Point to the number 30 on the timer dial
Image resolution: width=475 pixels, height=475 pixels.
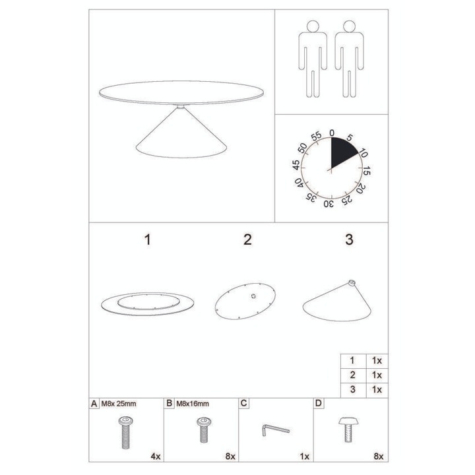click(327, 202)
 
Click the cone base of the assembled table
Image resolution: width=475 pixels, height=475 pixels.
click(179, 139)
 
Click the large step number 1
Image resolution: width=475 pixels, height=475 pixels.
click(148, 239)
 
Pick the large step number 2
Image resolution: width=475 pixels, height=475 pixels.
click(247, 239)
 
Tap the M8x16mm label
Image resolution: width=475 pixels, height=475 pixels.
click(192, 403)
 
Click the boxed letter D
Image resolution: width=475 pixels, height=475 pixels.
click(319, 402)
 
